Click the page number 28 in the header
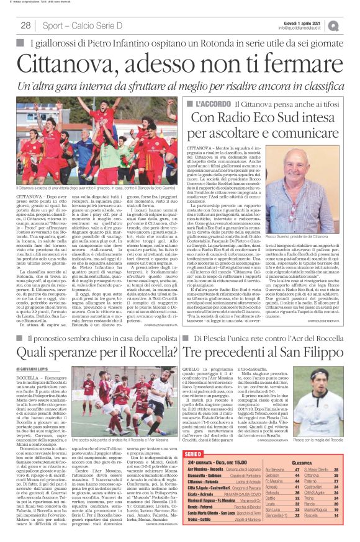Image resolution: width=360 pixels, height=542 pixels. (x=26, y=25)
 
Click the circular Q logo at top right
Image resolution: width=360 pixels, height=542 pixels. (x=351, y=25)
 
